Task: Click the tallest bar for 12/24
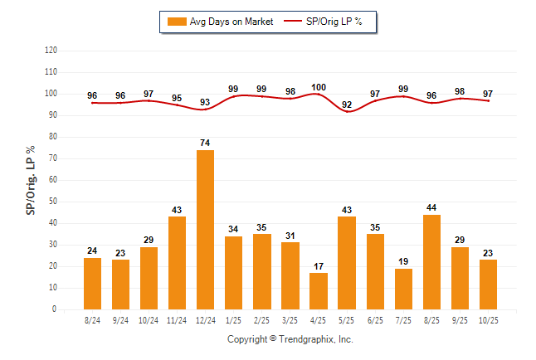click(205, 230)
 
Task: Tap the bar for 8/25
click(431, 261)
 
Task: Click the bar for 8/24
click(92, 283)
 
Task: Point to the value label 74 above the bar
click(205, 144)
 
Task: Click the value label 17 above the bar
click(319, 266)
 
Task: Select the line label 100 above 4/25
click(319, 87)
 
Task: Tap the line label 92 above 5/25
click(347, 105)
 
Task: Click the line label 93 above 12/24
click(205, 102)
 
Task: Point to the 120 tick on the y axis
click(51, 51)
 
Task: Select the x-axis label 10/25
click(488, 319)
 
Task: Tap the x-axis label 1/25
click(233, 319)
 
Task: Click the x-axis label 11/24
click(177, 319)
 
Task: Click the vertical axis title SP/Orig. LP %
click(31, 180)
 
